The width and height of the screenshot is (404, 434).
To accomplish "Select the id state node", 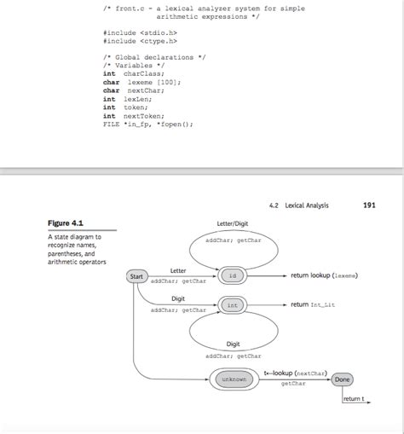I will [x=232, y=276].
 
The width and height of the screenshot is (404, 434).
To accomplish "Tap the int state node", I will [x=232, y=305].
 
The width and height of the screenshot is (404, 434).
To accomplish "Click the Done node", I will [x=342, y=379].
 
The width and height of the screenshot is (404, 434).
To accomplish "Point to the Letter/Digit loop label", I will [x=233, y=223].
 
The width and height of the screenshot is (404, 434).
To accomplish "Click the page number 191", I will [x=369, y=205].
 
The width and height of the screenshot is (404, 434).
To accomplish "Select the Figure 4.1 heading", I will [x=65, y=223].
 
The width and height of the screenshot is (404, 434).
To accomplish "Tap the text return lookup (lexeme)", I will [x=324, y=276].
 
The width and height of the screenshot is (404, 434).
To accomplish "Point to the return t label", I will [x=354, y=398].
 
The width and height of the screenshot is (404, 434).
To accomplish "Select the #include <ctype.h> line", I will [x=140, y=40].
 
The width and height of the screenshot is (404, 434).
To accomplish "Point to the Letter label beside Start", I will [x=178, y=269].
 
